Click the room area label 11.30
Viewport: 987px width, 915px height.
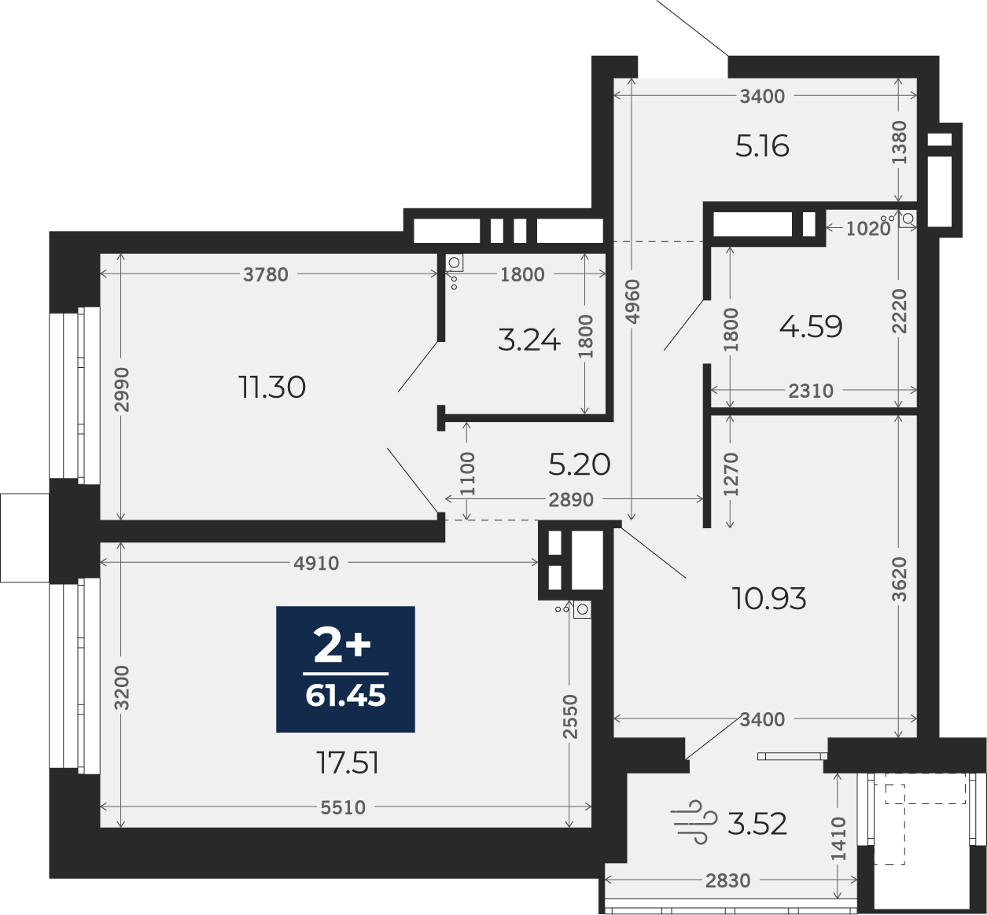(272, 388)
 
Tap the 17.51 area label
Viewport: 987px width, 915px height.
(348, 763)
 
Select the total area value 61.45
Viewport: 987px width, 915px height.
(345, 696)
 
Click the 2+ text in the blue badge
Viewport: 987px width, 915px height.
(342, 646)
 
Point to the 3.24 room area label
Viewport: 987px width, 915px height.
(529, 340)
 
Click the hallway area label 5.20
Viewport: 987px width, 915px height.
(580, 465)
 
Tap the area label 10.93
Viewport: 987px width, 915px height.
(769, 598)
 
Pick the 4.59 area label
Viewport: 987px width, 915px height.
(811, 327)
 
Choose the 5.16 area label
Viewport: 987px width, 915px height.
(762, 146)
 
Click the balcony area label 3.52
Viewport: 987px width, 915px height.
(757, 824)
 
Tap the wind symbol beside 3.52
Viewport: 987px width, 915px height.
(694, 822)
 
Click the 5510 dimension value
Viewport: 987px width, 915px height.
(343, 808)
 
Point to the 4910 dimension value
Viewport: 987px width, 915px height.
(316, 564)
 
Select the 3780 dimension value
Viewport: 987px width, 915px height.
(265, 274)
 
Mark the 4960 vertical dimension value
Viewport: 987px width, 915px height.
(632, 302)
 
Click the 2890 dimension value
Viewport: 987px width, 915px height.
(571, 500)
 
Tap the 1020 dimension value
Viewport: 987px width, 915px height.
(867, 229)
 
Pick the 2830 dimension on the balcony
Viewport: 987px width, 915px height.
(728, 880)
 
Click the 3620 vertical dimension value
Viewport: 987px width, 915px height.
(900, 579)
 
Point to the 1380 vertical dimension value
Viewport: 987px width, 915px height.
(900, 142)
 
